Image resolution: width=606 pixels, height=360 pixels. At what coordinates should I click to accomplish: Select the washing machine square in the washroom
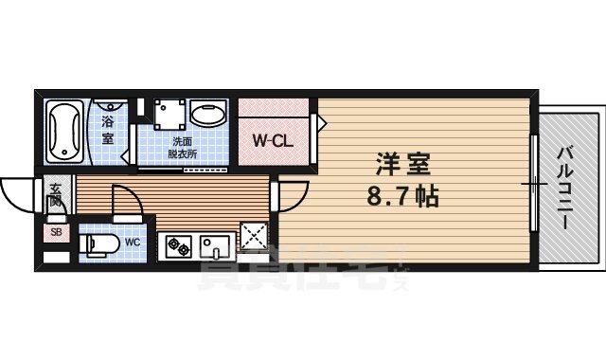169,116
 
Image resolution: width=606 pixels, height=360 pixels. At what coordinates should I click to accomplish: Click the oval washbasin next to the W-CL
208,117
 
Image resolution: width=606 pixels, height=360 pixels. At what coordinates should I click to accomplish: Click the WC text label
133,243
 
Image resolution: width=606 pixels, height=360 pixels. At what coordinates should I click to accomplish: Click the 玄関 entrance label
55,195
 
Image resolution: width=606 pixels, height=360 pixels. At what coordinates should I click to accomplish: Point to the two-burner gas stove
178,246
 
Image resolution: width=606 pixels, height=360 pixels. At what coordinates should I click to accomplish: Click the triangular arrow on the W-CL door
320,122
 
